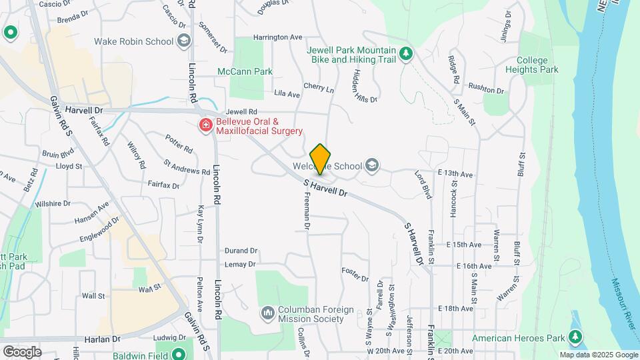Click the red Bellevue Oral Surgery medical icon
point(206,125)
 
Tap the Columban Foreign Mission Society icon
point(268,312)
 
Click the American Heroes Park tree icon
point(576,338)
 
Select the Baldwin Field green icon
point(178,353)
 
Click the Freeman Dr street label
point(307,211)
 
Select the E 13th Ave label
point(455,175)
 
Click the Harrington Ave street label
point(277,37)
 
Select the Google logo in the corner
point(22,351)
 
